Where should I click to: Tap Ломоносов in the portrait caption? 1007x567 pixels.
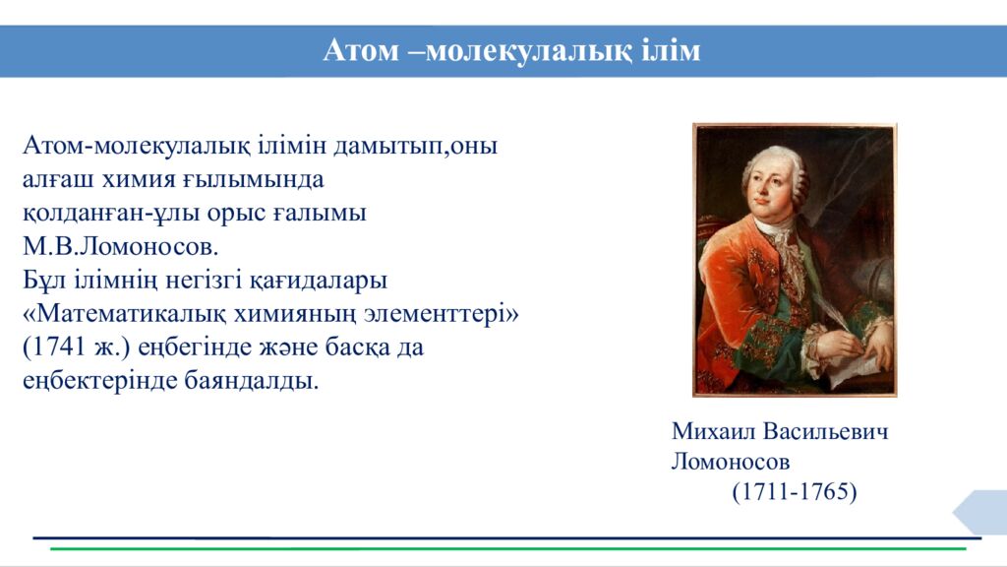(731, 461)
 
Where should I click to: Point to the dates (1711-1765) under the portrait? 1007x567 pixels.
(795, 491)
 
